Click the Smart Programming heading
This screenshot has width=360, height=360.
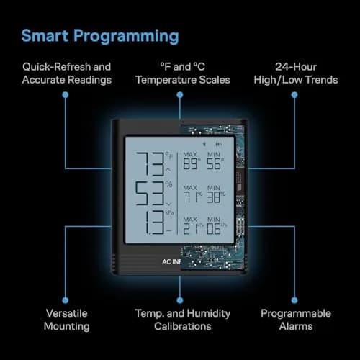click(x=100, y=36)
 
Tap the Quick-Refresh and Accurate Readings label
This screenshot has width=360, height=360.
click(x=67, y=73)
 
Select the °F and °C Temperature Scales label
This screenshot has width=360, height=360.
click(x=183, y=73)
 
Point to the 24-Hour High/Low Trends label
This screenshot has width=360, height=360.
click(x=296, y=73)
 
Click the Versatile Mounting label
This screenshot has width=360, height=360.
click(x=67, y=320)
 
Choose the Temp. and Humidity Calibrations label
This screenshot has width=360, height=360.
click(x=183, y=320)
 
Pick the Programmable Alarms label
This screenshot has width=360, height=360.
click(x=296, y=320)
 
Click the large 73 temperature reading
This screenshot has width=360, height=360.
click(x=150, y=164)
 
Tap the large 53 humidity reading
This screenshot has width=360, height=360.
click(x=150, y=194)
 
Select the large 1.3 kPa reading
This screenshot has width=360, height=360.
click(x=155, y=222)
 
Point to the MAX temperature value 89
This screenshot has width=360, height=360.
click(x=190, y=164)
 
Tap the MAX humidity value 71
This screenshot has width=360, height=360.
click(x=192, y=197)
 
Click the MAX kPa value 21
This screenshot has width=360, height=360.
click(x=191, y=229)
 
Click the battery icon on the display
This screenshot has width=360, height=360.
click(x=219, y=144)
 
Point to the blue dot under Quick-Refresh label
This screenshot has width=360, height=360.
click(x=66, y=95)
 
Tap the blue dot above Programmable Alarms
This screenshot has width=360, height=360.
click(x=294, y=300)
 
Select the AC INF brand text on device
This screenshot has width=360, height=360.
click(x=171, y=261)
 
